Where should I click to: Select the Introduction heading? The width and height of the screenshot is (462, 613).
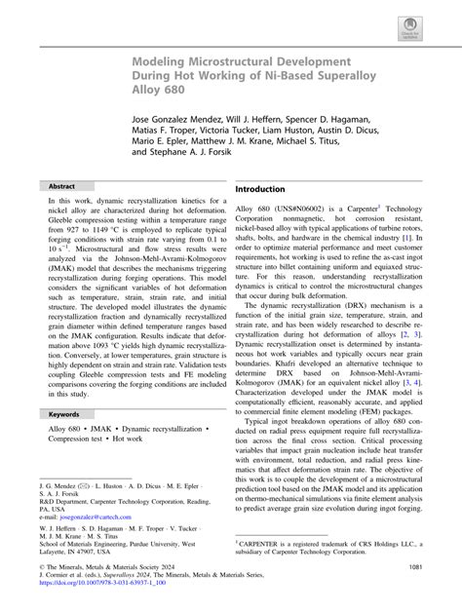(270, 188)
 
